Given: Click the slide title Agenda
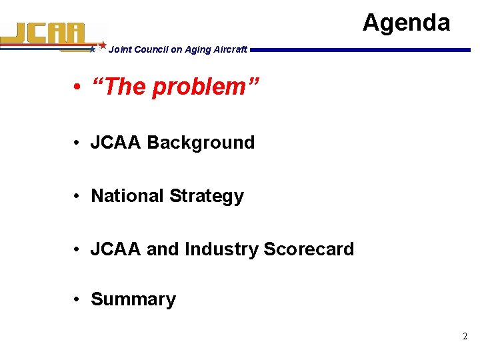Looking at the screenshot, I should [x=406, y=23].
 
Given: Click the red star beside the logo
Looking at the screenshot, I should [x=103, y=45].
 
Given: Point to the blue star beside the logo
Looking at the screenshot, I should [x=93, y=49].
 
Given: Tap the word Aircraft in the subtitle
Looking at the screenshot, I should [x=230, y=49].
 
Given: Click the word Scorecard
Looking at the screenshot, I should [x=309, y=249].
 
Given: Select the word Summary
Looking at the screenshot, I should [x=133, y=299].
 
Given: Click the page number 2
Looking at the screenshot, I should [x=465, y=337].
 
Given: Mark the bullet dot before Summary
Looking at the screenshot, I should [x=78, y=300].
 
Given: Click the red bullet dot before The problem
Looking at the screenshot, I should [x=78, y=87].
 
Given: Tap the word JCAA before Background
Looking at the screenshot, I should [x=116, y=143].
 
